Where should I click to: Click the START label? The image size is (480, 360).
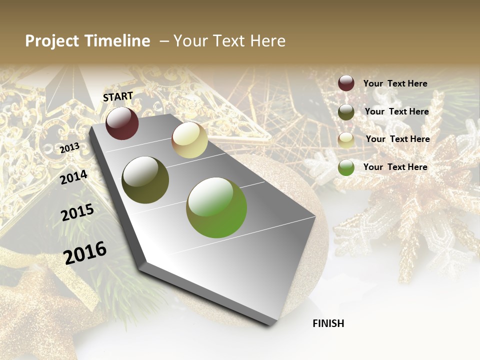[118, 96]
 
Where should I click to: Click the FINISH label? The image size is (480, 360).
[328, 323]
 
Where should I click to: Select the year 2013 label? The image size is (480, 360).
[69, 148]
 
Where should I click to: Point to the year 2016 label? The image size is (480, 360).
[85, 253]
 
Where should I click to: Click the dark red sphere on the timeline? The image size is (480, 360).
[122, 123]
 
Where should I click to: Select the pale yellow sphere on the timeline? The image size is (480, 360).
[189, 140]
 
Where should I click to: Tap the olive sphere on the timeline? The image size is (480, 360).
[145, 180]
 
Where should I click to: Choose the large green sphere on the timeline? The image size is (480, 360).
[216, 207]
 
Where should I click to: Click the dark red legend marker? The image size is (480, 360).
[346, 83]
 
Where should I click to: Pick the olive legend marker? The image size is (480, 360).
[346, 112]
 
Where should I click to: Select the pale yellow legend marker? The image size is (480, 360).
[346, 140]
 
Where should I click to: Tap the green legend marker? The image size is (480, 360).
[346, 167]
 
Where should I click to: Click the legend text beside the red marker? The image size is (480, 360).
[395, 84]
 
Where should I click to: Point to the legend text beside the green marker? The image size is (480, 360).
[395, 167]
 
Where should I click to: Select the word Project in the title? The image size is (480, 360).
[52, 41]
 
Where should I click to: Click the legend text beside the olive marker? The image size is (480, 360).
[396, 111]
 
